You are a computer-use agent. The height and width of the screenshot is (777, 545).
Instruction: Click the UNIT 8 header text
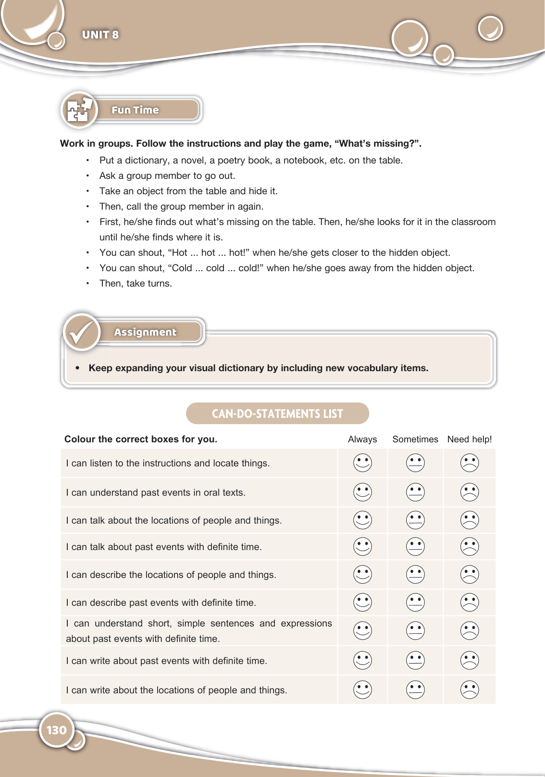100,35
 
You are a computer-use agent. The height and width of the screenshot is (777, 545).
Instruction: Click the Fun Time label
135,110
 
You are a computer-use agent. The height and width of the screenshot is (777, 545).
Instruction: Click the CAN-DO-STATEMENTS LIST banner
277,414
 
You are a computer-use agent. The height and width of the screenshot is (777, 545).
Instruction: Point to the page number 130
57,730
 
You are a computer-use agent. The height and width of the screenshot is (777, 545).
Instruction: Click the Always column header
362,439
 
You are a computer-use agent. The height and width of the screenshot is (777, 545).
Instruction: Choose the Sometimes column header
415,439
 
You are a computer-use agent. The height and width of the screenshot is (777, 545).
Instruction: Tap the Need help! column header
470,439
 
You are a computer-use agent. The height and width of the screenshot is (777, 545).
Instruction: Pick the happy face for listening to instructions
362,463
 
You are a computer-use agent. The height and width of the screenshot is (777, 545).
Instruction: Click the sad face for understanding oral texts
470,492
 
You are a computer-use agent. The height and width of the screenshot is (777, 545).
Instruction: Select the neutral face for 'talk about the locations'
415,520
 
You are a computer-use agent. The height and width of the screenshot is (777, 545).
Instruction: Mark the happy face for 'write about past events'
362,660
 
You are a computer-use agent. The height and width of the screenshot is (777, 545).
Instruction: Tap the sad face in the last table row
470,689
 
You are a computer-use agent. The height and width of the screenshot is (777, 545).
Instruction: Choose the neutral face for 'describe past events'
415,602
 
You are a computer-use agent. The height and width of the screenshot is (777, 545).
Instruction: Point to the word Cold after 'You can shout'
182,268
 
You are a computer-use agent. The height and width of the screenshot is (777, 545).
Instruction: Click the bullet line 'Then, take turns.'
136,283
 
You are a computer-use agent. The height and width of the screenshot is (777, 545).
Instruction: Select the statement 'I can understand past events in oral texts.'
156,492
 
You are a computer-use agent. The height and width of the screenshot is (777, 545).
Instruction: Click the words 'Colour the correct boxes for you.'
141,439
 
